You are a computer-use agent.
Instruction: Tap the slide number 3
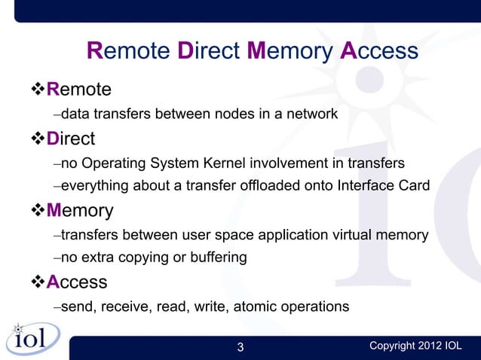[240, 347]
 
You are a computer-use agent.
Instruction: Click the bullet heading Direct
[71, 139]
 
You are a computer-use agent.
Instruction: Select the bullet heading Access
[76, 282]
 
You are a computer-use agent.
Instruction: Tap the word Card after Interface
[414, 186]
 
